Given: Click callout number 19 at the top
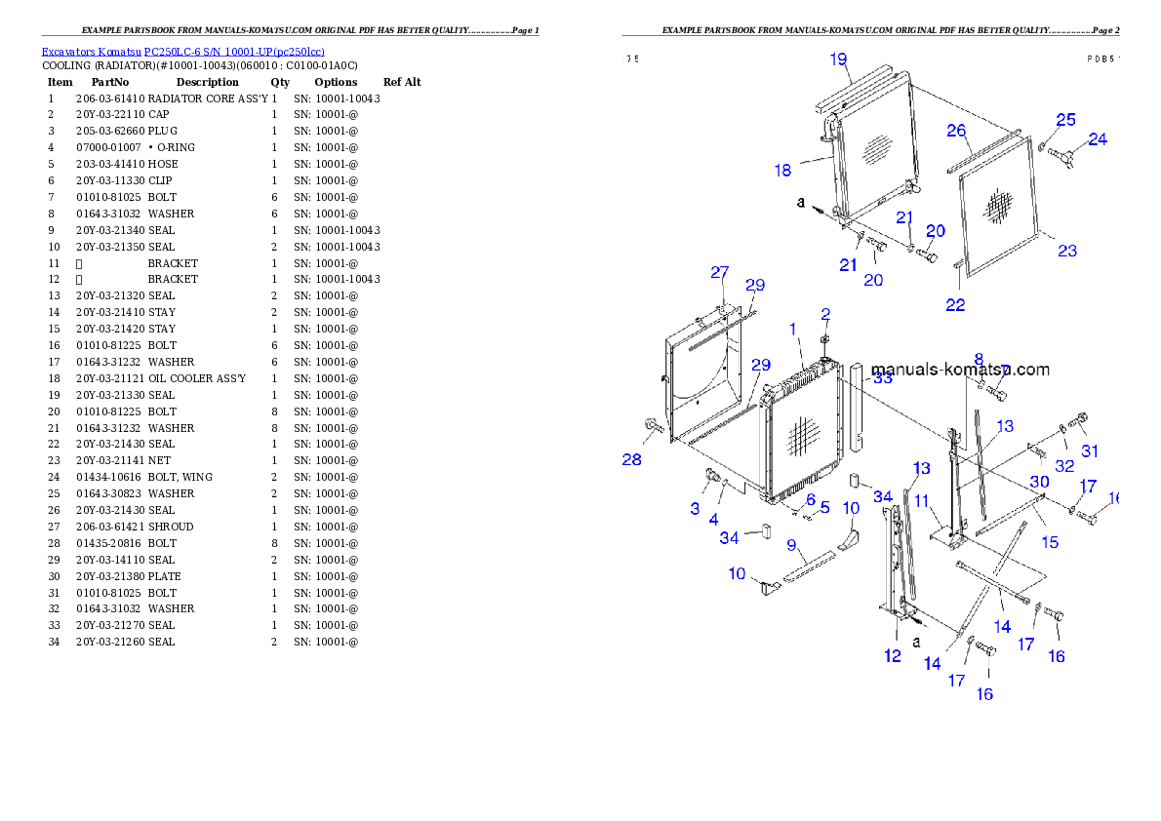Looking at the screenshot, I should pos(839,59).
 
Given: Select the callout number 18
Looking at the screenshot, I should pos(782,171).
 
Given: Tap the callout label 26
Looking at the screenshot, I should pos(956,131).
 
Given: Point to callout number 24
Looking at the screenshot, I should pos(1098,139).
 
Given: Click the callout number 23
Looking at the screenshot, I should pos(1067,251).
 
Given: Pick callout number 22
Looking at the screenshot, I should pos(955,305).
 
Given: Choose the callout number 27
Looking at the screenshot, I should pos(719,272).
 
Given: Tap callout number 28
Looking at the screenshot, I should pos(632,459).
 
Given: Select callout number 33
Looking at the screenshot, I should pos(882,378).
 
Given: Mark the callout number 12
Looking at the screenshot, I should pos(893,656).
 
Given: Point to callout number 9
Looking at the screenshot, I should pos(792,544).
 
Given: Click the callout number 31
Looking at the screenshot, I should pos(1090,450).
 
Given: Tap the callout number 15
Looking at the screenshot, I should pos(1050,541).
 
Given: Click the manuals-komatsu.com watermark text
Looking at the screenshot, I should pos(960,370).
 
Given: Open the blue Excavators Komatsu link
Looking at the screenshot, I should pos(182,52).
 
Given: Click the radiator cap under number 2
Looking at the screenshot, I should pos(825,338).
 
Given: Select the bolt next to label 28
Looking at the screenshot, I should pos(653,425).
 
